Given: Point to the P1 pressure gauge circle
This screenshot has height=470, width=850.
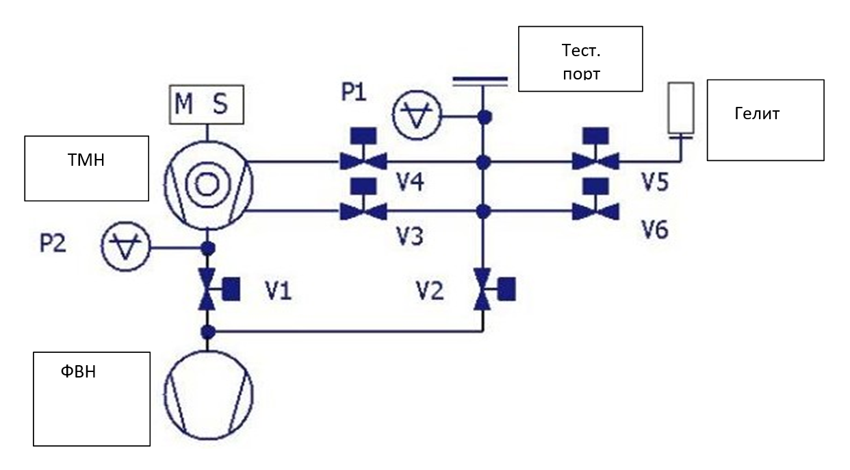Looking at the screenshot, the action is (417, 115).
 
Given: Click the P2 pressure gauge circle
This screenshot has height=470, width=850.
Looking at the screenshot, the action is (126, 246).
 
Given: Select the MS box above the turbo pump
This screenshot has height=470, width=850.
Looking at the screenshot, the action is (207, 105).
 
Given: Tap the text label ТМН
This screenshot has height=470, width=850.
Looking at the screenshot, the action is (86, 160).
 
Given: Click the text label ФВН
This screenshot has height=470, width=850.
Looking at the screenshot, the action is (78, 371).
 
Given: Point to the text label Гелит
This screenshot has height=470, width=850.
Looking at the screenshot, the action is (757, 114).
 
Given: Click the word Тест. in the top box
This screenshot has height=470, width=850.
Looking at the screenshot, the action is (581, 51).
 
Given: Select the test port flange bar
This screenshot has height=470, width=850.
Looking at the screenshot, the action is (480, 82).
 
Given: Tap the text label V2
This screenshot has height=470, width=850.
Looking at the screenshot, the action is (430, 291).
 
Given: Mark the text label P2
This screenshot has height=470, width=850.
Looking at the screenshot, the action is (53, 243).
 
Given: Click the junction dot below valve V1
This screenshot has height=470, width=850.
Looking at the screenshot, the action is (208, 332).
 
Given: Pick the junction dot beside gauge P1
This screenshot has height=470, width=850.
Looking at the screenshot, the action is (485, 117).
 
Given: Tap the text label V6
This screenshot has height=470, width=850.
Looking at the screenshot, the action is (655, 230).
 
